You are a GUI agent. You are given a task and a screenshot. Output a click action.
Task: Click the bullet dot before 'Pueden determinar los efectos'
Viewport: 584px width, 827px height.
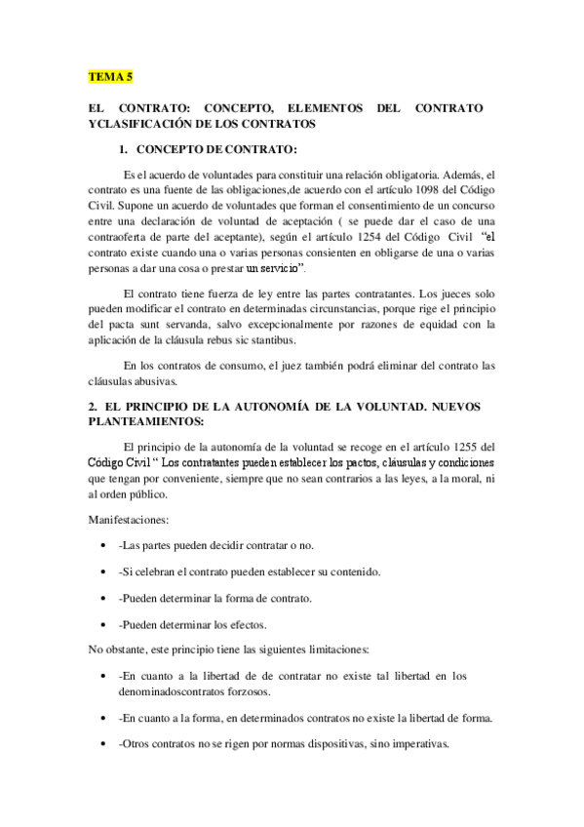click(103, 624)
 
